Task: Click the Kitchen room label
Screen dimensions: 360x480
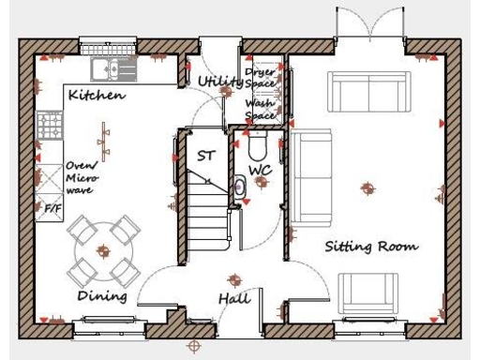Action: (97, 97)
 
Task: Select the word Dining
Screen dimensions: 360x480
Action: (102, 295)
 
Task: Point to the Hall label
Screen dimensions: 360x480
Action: (233, 298)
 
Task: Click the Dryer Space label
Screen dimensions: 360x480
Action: (260, 78)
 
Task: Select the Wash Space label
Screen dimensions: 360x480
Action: (260, 109)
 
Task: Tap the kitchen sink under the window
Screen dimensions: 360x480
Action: (111, 68)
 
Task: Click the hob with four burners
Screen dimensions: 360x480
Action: (49, 133)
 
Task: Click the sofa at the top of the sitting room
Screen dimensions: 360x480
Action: (369, 91)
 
